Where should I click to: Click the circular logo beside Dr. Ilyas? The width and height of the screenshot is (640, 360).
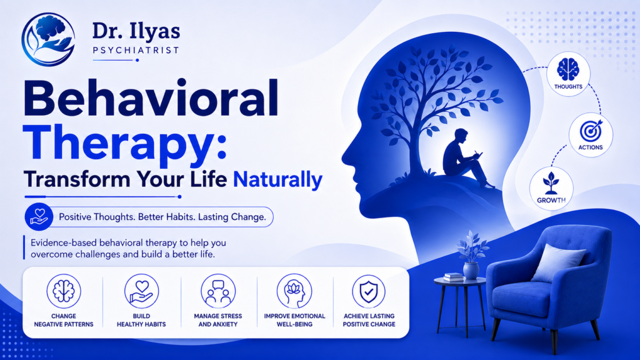pyautogui.click(x=48, y=39)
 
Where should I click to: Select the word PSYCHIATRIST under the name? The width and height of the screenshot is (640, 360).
pyautogui.click(x=136, y=50)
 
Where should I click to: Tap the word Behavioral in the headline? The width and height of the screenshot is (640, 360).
pyautogui.click(x=151, y=99)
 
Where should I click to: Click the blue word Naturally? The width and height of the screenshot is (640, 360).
pyautogui.click(x=277, y=179)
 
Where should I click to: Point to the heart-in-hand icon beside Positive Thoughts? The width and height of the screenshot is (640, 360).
pyautogui.click(x=39, y=217)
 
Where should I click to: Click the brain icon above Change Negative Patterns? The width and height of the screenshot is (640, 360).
pyautogui.click(x=64, y=291)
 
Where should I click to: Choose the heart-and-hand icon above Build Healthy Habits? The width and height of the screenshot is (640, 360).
pyautogui.click(x=141, y=291)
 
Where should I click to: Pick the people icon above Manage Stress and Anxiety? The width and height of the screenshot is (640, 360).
pyautogui.click(x=218, y=291)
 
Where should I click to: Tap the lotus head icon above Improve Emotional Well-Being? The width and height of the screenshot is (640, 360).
pyautogui.click(x=294, y=291)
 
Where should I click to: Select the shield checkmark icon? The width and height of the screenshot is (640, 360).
pyautogui.click(x=369, y=291)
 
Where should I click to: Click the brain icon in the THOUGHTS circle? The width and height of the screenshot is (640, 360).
pyautogui.click(x=568, y=69)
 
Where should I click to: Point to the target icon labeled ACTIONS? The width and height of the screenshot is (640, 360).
pyautogui.click(x=591, y=131)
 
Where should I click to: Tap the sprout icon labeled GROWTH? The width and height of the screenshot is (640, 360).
pyautogui.click(x=551, y=183)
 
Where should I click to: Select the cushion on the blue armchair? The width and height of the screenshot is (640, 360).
pyautogui.click(x=557, y=263)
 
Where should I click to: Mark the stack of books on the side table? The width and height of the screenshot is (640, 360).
pyautogui.click(x=453, y=277)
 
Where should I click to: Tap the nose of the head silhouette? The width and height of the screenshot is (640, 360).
pyautogui.click(x=347, y=156)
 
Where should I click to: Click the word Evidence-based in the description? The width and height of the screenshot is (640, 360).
pyautogui.click(x=64, y=243)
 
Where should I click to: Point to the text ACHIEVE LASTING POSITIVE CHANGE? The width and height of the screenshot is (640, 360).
pyautogui.click(x=369, y=320)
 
